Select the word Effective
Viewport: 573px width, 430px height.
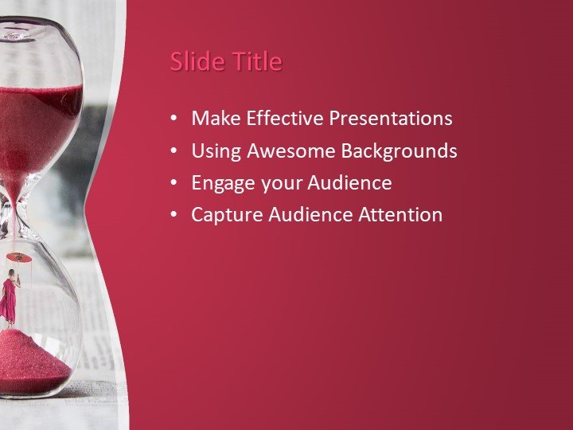click(284, 119)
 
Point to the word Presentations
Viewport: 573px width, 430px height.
click(391, 119)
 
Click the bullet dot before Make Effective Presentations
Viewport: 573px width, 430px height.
click(174, 119)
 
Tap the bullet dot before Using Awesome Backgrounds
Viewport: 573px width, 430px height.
click(174, 151)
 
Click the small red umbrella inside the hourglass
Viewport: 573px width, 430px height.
click(19, 258)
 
